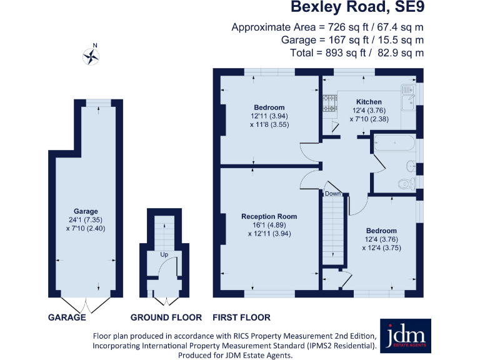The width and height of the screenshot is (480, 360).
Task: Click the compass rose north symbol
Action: pos(92,56)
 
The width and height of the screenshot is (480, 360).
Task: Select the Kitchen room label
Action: pos(369,102)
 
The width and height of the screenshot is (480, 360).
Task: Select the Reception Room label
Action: pos(269,216)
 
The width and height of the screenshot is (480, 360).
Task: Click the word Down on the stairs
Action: pos(332,194)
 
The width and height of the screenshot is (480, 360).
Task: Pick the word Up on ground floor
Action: pos(164,255)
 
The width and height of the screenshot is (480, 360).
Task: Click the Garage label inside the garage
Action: pos(86,211)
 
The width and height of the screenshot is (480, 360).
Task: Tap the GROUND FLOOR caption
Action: pos(166,317)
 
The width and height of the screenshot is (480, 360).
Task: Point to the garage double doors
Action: pos(86,305)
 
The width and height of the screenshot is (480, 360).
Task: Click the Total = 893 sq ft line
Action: pos(357,53)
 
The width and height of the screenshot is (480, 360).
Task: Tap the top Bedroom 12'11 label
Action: pos(269,107)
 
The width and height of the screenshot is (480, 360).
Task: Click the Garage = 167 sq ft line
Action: pos(352,40)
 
